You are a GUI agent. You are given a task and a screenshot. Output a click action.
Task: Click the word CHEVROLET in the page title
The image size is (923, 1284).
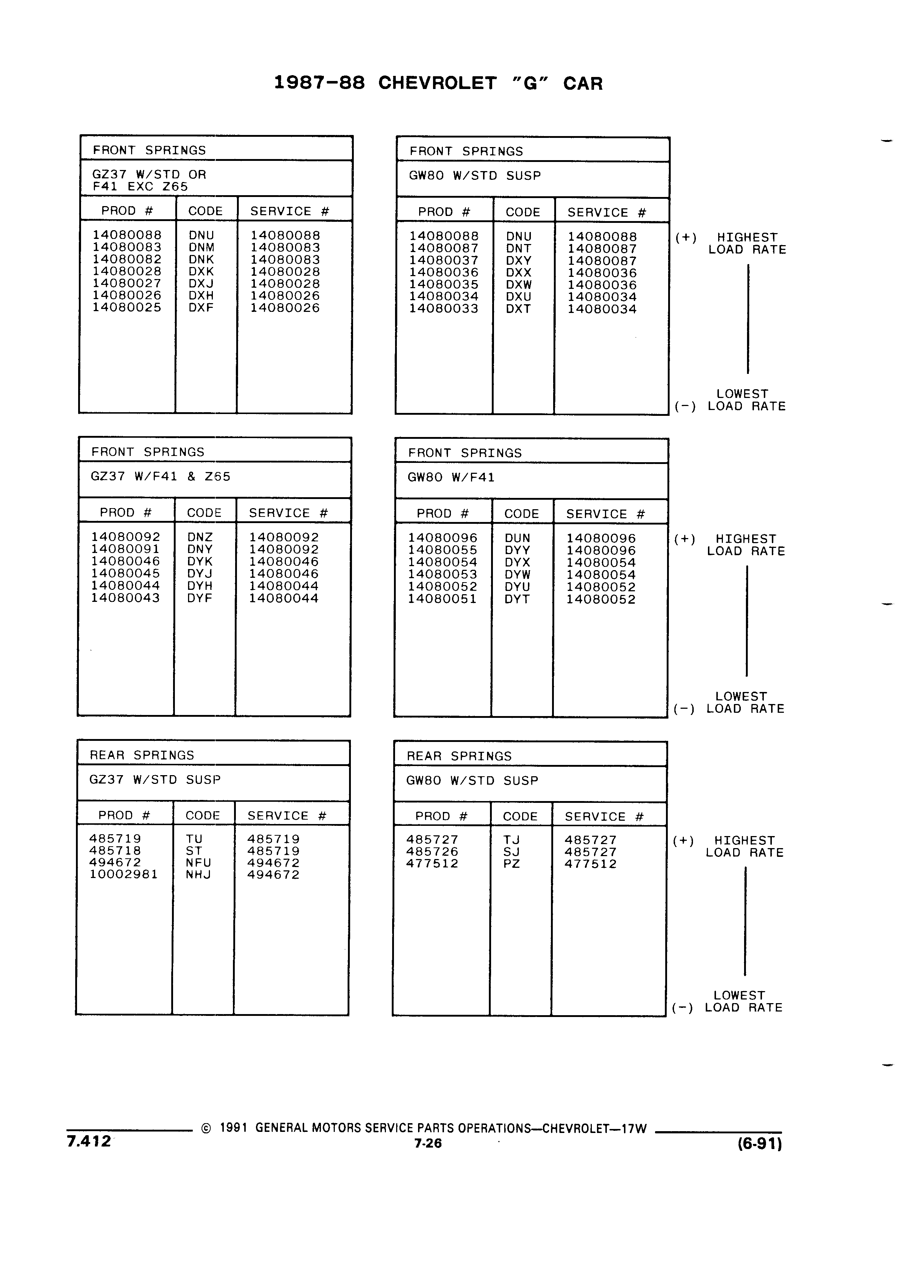click(x=437, y=83)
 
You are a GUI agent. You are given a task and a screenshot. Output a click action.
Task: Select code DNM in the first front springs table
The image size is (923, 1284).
click(x=201, y=247)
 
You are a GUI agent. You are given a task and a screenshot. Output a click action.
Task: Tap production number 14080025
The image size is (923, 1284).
click(x=127, y=308)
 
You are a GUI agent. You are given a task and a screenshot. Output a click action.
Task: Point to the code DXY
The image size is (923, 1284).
click(x=518, y=260)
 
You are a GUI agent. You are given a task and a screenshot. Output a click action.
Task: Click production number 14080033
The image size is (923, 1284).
click(x=444, y=309)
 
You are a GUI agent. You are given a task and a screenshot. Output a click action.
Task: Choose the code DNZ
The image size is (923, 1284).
click(x=200, y=537)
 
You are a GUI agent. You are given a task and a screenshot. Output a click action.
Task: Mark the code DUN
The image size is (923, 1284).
click(x=517, y=538)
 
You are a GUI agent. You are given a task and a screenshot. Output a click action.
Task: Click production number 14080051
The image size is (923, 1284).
click(x=443, y=599)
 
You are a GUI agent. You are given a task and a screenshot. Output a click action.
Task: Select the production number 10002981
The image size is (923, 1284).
click(x=123, y=874)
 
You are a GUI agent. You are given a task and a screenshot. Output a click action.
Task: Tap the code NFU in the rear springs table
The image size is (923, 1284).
click(x=198, y=863)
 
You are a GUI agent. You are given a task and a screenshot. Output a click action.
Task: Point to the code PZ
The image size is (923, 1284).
click(x=511, y=864)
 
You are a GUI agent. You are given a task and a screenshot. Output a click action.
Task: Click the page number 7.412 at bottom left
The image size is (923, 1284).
click(x=89, y=1141)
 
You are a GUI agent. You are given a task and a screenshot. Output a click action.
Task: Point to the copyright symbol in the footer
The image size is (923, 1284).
click(x=206, y=1128)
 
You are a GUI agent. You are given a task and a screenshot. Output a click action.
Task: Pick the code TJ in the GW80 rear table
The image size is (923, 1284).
click(x=511, y=840)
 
